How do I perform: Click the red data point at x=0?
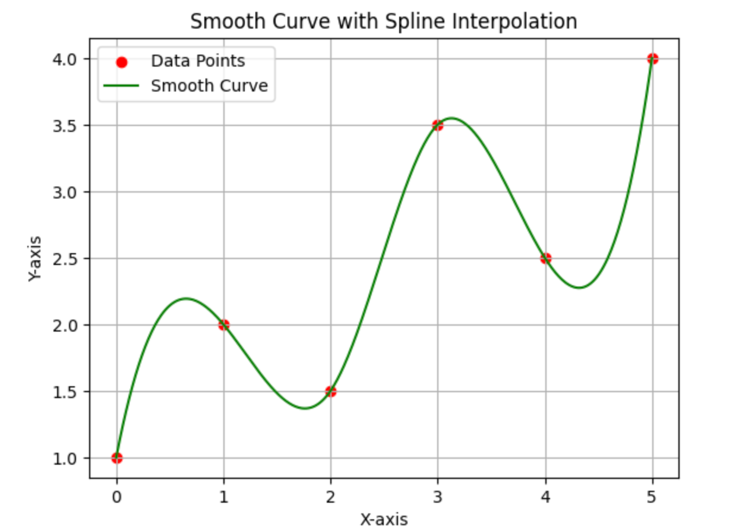[x=116, y=458]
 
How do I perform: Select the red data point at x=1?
[x=223, y=325]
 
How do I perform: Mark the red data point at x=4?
[x=545, y=258]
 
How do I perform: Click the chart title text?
[x=383, y=21]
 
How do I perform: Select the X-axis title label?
[x=384, y=519]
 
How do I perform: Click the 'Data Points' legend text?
[x=198, y=61]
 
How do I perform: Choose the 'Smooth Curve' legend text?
[x=209, y=86]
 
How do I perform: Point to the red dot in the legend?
[x=121, y=61]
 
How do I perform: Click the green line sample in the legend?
[x=121, y=87]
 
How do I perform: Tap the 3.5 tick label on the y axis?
[x=69, y=125]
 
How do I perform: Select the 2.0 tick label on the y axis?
[x=69, y=325]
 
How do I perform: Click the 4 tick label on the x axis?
[x=545, y=496]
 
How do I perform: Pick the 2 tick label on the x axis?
[x=331, y=496]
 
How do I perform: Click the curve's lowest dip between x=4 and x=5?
[x=580, y=288]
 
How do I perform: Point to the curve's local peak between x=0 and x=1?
[x=186, y=298]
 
